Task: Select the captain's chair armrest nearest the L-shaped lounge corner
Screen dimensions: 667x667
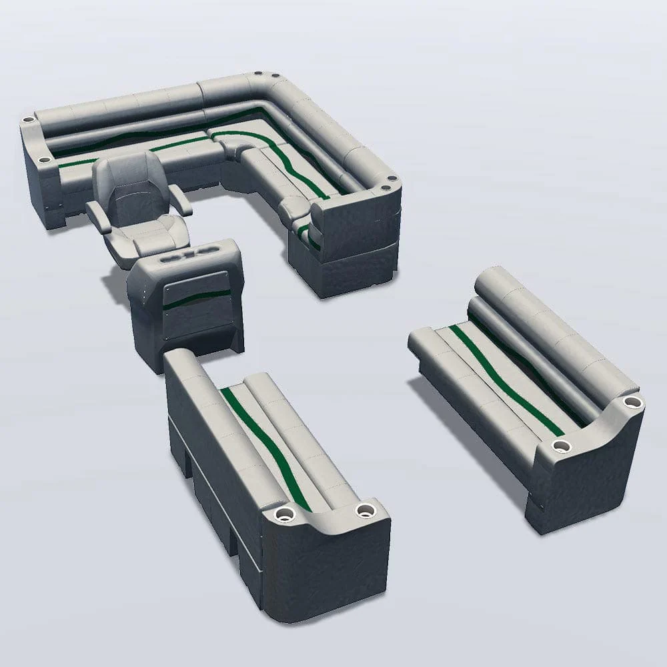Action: pyautogui.click(x=180, y=199)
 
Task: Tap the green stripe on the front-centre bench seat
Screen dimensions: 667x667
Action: pyautogui.click(x=267, y=444)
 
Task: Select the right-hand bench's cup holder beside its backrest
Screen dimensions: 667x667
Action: pyautogui.click(x=632, y=402)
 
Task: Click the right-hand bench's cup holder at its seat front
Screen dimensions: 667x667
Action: pyautogui.click(x=562, y=445)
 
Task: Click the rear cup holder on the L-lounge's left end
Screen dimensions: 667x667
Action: pyautogui.click(x=28, y=121)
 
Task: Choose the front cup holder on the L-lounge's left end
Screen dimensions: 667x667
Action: pyautogui.click(x=44, y=161)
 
